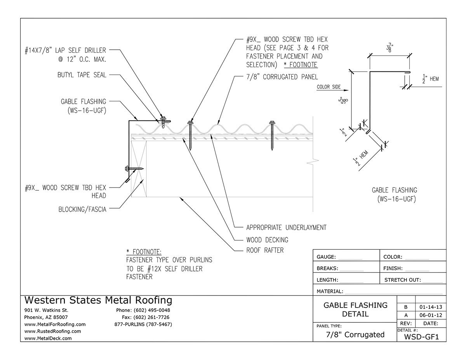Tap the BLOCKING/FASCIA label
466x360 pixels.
[x=82, y=209]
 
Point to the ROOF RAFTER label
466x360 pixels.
[x=265, y=250]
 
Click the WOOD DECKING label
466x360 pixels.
[x=267, y=240]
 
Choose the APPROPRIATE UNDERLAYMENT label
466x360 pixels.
[x=286, y=227]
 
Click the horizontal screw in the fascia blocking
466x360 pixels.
[x=134, y=169]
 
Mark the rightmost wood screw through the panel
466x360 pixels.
[x=272, y=134]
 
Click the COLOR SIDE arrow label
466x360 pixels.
[x=329, y=87]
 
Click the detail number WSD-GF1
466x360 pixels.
[x=421, y=336]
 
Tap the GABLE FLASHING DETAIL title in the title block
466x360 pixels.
[x=355, y=310]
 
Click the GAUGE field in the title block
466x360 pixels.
[x=339, y=257]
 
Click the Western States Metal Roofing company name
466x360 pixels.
[x=98, y=300]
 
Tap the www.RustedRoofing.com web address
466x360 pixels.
[x=52, y=331]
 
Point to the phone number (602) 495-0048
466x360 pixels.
[x=143, y=310]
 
